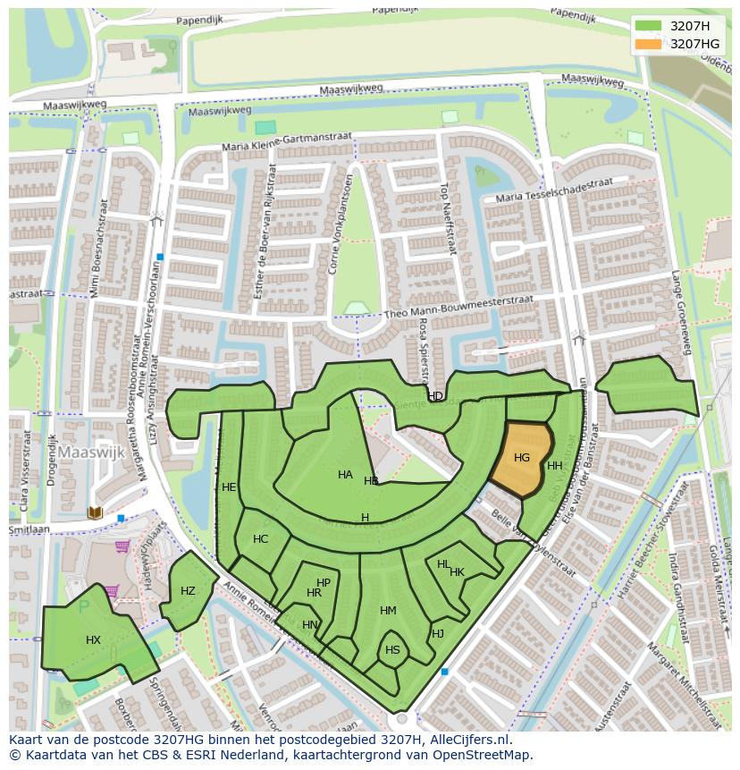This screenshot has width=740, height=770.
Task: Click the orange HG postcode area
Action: pyautogui.click(x=521, y=459)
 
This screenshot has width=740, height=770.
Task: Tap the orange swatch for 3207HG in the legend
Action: pyautogui.click(x=648, y=44)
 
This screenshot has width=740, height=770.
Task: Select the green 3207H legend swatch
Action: pyautogui.click(x=648, y=26)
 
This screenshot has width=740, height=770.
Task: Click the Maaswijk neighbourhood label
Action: pyautogui.click(x=92, y=453)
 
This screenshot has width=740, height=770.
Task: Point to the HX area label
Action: pyautogui.click(x=94, y=640)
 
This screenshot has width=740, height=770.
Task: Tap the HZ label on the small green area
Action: pyautogui.click(x=188, y=591)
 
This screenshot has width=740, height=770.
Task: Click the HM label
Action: pyautogui.click(x=388, y=611)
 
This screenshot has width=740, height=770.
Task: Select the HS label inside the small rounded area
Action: pyautogui.click(x=392, y=650)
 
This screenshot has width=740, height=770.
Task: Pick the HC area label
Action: pyautogui.click(x=260, y=539)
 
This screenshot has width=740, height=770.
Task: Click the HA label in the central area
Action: pyautogui.click(x=345, y=475)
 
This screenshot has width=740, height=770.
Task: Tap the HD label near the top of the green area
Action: pyautogui.click(x=435, y=396)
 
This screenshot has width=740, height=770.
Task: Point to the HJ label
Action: pyautogui.click(x=438, y=634)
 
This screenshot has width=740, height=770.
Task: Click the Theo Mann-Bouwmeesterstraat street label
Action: pyautogui.click(x=458, y=307)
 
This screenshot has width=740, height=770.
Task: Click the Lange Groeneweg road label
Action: pyautogui.click(x=682, y=314)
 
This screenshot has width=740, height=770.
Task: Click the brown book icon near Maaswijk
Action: pyautogui.click(x=95, y=512)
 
